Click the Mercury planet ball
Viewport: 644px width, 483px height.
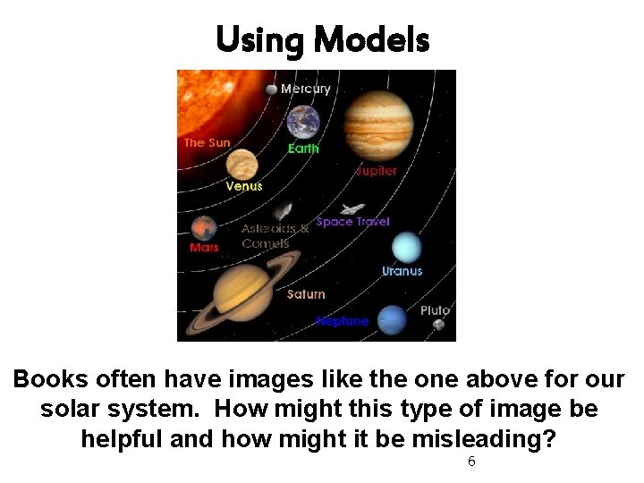pos(271,89)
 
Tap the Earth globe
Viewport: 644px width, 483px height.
pos(303,122)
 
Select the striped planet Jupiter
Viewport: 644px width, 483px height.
pos(378,126)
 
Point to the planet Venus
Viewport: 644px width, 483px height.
pos(241,165)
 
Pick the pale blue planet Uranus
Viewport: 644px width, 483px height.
pos(405,246)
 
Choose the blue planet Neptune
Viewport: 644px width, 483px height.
pos(391,319)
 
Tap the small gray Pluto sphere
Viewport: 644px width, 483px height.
pos(438,325)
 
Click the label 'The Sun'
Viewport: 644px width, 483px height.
pos(207,142)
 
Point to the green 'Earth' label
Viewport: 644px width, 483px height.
pos(303,148)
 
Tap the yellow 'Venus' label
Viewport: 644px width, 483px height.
pos(244,186)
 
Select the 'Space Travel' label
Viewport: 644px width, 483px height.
pos(352,221)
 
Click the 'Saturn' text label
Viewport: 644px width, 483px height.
pos(306,293)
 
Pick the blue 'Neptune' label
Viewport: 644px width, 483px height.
pos(342,320)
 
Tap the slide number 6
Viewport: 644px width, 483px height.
pos(471,462)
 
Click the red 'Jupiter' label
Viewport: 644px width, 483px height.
pos(376,170)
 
